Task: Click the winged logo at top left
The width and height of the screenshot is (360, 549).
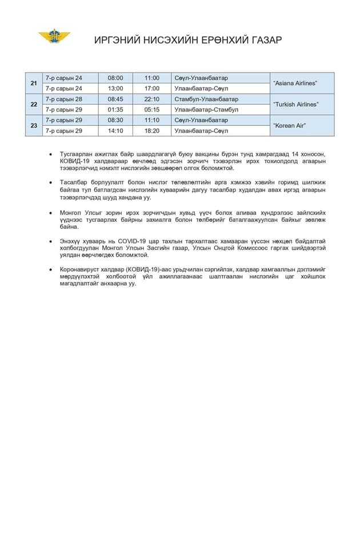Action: (55, 37)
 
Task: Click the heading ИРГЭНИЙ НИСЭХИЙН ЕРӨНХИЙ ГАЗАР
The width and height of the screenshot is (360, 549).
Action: (188, 40)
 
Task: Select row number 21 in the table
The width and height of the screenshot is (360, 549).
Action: (34, 83)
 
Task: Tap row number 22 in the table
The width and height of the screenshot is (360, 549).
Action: (34, 105)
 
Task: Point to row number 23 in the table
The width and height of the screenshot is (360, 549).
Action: (34, 126)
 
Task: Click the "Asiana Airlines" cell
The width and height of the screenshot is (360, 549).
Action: (295, 83)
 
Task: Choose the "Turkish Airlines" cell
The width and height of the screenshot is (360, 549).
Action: (295, 105)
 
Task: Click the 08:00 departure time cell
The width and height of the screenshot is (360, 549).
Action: (115, 78)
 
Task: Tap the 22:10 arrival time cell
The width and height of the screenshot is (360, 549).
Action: (151, 99)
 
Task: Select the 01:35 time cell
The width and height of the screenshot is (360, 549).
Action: (115, 110)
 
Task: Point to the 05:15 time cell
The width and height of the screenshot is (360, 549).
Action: (151, 110)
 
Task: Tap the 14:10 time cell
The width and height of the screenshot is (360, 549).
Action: (115, 131)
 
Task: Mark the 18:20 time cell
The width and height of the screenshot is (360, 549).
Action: (151, 131)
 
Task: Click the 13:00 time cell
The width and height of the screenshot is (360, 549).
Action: (115, 89)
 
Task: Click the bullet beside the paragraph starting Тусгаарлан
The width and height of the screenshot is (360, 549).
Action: (51, 155)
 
